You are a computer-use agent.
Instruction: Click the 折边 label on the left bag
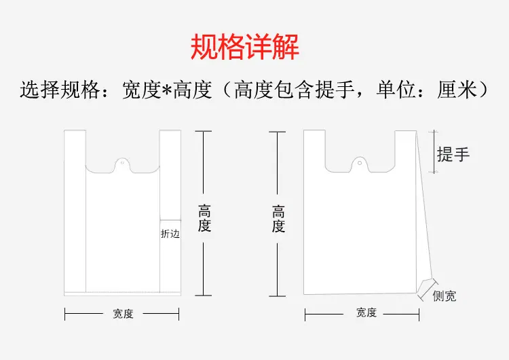[170, 234]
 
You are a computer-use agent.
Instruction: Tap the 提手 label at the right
[453, 154]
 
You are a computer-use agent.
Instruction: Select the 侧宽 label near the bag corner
[445, 296]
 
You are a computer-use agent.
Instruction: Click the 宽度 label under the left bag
[123, 314]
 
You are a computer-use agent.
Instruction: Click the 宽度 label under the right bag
[366, 313]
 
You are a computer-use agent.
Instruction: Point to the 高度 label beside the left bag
[204, 219]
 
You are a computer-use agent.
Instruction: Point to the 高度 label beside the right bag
[278, 219]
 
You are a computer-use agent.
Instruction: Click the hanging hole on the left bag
[122, 163]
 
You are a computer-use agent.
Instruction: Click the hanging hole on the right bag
[360, 163]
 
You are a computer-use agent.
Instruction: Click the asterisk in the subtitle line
[166, 89]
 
